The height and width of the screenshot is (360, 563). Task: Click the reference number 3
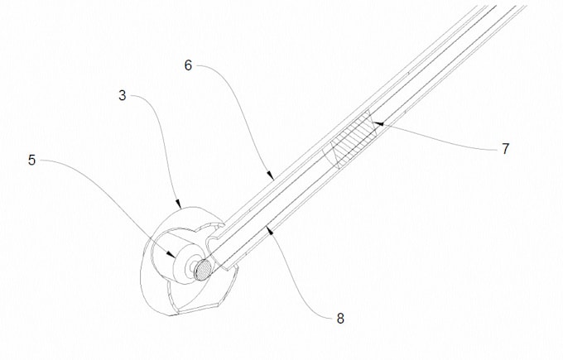123,95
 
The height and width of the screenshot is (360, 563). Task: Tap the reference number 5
32,160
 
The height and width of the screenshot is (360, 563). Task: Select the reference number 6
188,65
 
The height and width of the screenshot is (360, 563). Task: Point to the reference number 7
505,148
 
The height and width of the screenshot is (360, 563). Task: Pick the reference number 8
340,318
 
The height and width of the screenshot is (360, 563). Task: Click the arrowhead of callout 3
178,205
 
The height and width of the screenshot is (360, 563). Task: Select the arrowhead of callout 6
271,175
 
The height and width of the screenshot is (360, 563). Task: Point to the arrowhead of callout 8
271,231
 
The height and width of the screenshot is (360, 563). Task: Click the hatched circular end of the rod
204,269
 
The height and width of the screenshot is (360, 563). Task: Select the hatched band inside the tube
351,139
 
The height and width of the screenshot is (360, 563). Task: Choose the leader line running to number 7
440,137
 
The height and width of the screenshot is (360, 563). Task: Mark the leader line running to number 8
301,284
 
